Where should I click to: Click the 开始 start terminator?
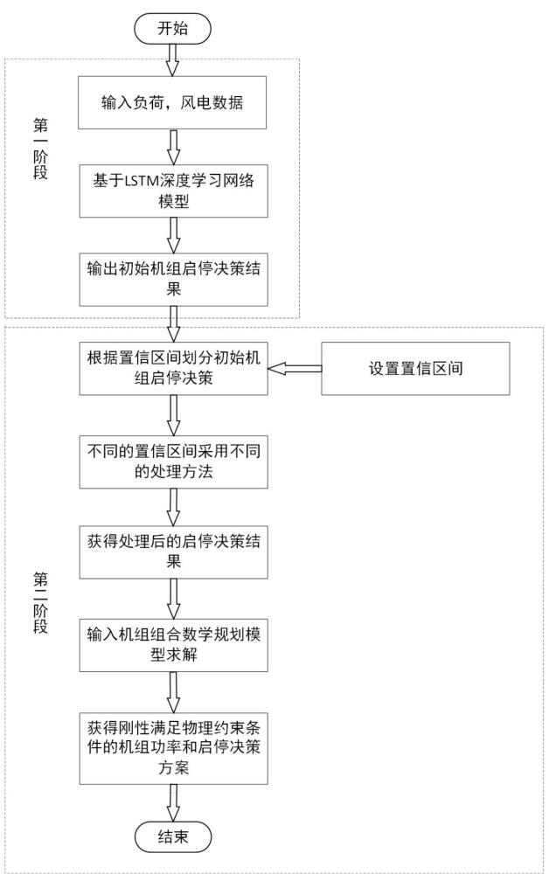[x=172, y=29]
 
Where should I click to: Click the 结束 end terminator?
[x=172, y=838]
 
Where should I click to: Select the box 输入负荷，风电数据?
[x=172, y=103]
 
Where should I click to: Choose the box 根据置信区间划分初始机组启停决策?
[x=172, y=371]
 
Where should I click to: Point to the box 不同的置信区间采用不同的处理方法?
[x=172, y=462]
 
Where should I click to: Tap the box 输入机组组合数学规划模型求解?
[x=172, y=643]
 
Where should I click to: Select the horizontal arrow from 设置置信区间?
[x=293, y=371]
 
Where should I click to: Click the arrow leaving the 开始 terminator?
[x=172, y=59]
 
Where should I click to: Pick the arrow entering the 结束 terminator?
[x=172, y=801]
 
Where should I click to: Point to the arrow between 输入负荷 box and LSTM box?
[x=172, y=145]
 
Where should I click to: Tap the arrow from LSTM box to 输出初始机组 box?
[x=172, y=233]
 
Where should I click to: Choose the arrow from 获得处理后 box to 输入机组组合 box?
[x=172, y=598]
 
